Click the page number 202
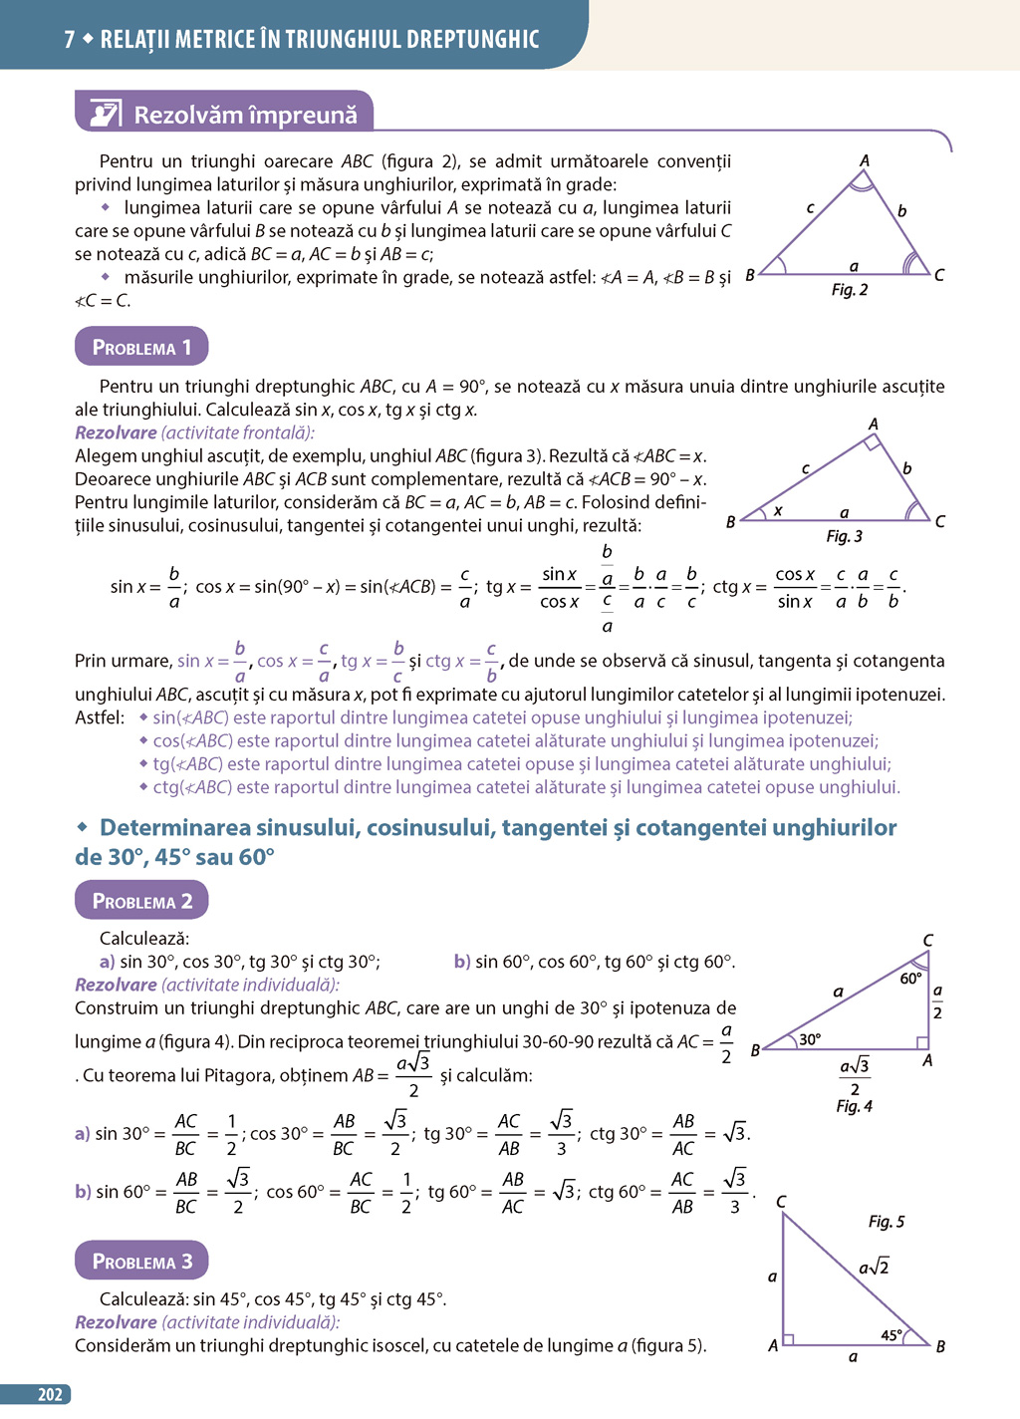(50, 1395)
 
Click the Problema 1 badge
(141, 347)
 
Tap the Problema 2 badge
(141, 901)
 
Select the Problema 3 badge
(141, 1261)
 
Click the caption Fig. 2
(850, 290)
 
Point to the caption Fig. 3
(845, 536)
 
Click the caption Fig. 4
(854, 1106)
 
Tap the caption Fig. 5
(886, 1222)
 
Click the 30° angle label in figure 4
(811, 1039)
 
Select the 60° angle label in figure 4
(910, 979)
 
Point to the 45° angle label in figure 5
(892, 1335)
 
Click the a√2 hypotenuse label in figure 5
(874, 1268)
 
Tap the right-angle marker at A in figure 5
(788, 1339)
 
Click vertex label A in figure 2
(864, 160)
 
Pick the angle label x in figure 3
(778, 510)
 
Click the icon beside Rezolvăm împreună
(106, 114)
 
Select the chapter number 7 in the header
(70, 40)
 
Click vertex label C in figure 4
(927, 941)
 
